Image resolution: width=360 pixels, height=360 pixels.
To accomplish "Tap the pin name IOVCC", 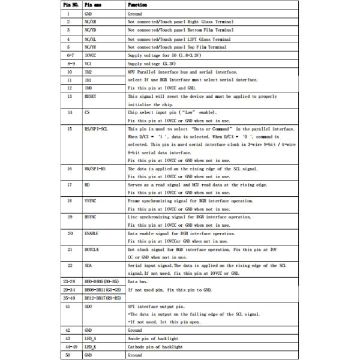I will click(x=91, y=55).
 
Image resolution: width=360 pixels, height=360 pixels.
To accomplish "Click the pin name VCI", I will click(x=88, y=62).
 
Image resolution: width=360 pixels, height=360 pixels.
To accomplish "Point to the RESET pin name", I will click(x=91, y=96).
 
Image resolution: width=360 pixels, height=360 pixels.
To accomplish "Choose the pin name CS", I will click(x=87, y=112).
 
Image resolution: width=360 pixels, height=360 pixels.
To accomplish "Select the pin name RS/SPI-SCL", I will click(x=95, y=129).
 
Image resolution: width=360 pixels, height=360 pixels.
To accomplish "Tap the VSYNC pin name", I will click(x=91, y=201).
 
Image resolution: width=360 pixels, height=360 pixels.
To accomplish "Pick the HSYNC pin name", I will click(x=91, y=217).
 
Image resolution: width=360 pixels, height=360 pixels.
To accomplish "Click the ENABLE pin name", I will click(x=91, y=233).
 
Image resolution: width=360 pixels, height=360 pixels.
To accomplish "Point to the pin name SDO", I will click(x=88, y=305).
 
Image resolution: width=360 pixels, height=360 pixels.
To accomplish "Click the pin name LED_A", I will click(x=90, y=339).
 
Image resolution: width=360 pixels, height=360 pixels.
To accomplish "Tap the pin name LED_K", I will click(x=90, y=347).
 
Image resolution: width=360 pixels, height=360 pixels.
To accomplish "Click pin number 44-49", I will click(x=70, y=347).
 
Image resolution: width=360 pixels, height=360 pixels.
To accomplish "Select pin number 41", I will click(x=70, y=305).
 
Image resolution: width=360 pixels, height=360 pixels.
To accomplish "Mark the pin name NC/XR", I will click(x=91, y=21).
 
